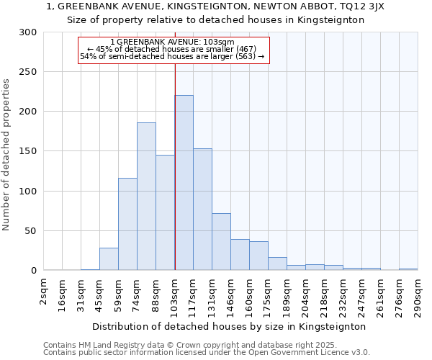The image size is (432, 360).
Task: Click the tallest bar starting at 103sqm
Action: (184, 183)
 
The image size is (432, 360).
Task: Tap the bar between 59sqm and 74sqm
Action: (127, 224)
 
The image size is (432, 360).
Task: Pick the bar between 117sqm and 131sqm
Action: (202, 210)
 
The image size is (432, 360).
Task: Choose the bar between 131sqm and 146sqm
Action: (221, 242)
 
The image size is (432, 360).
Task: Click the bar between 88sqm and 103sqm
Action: (165, 212)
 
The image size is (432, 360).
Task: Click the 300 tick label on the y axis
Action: (28, 32)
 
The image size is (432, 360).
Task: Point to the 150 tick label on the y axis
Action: (28, 151)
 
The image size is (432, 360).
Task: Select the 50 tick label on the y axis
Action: (31, 231)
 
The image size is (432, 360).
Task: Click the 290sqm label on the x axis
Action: (418, 295)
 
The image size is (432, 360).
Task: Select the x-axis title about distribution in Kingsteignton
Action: (229, 326)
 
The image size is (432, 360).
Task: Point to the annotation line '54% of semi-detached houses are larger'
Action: (172, 56)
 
